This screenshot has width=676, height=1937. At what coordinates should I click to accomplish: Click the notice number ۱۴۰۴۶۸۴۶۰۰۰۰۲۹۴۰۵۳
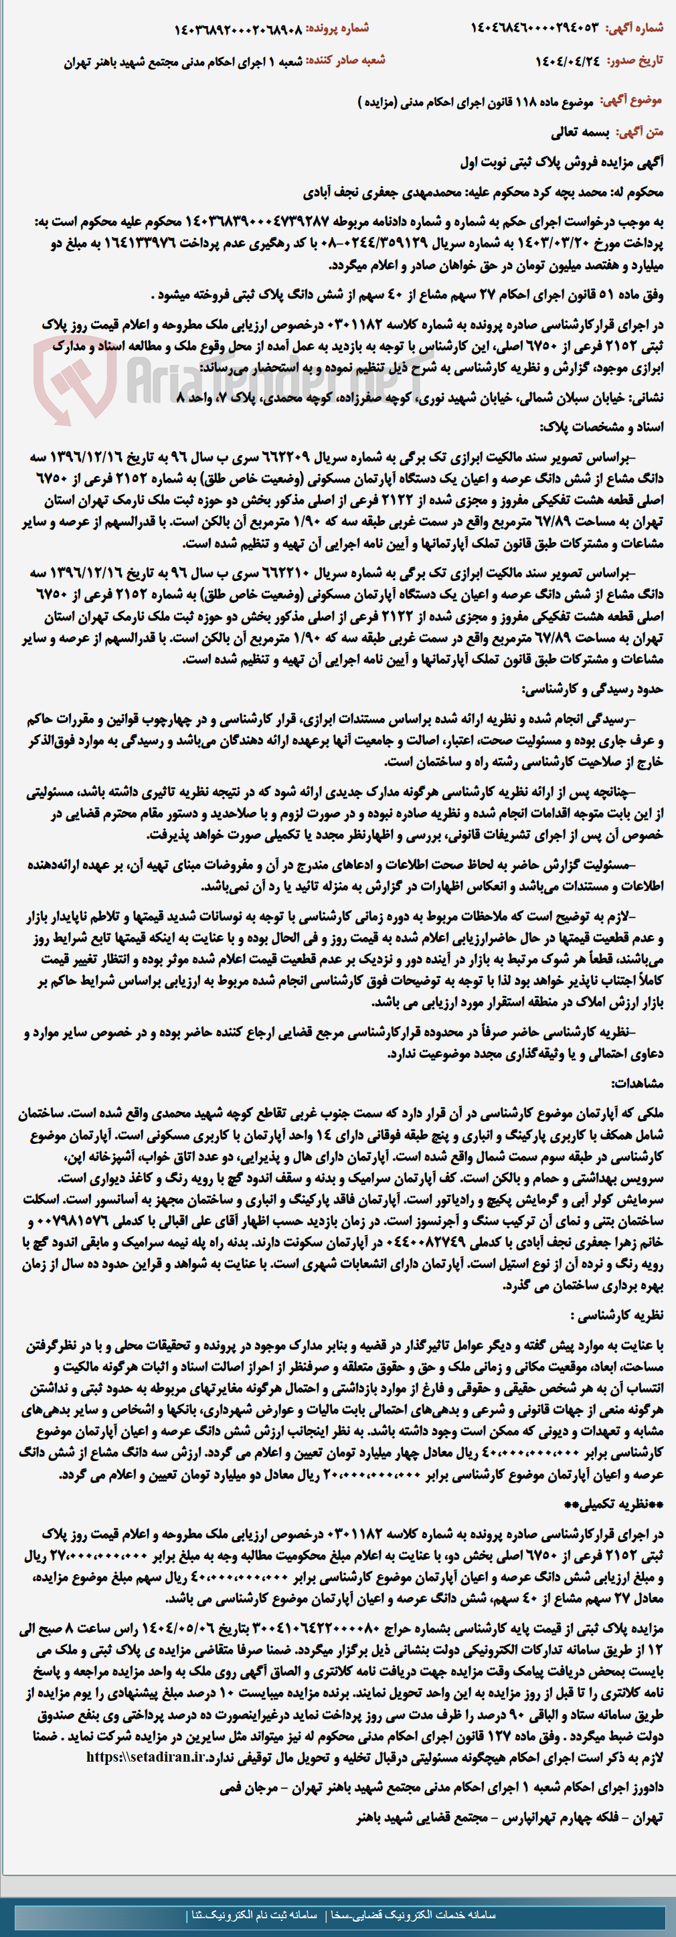(535, 28)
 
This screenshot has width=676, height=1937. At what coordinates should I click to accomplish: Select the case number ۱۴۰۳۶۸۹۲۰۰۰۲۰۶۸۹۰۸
(238, 29)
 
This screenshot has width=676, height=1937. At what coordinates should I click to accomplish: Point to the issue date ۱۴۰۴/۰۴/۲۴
(568, 61)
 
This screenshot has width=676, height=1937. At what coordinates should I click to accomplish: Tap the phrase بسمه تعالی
(579, 133)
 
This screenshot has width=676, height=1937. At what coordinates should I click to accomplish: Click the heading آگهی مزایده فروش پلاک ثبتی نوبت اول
(562, 163)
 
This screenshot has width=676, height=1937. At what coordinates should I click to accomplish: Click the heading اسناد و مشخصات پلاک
(602, 427)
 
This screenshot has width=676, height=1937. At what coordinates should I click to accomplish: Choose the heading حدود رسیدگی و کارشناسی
(592, 689)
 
